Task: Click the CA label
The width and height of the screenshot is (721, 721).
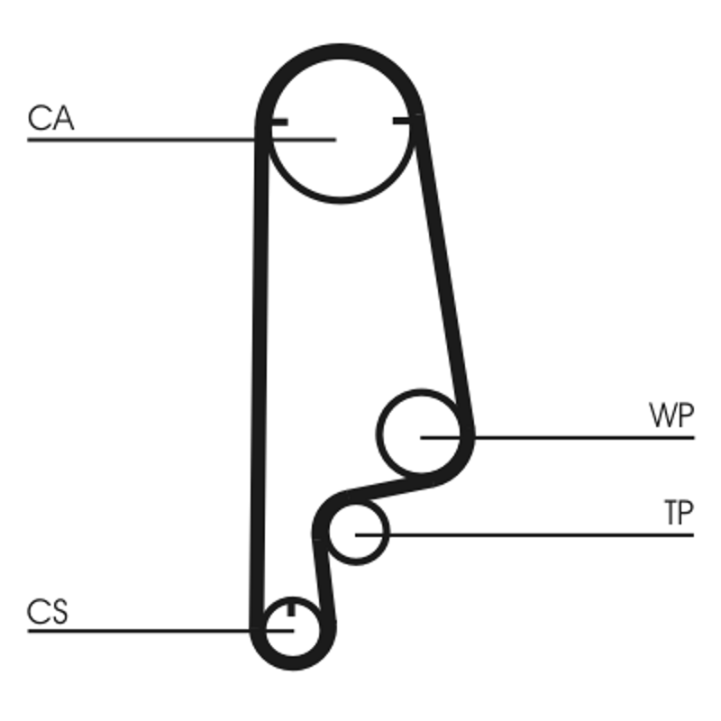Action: [50, 119]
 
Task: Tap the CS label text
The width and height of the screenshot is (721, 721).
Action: [48, 613]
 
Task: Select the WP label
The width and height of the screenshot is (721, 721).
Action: [671, 416]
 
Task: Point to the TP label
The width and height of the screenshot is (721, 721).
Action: [679, 514]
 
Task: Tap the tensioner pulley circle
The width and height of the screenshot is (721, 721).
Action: [357, 533]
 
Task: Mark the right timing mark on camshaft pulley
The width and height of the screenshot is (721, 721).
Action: [405, 121]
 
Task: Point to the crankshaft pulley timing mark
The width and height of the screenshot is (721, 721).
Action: [290, 611]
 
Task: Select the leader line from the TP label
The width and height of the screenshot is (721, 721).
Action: [541, 534]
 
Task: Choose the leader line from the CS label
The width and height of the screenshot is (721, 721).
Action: [135, 630]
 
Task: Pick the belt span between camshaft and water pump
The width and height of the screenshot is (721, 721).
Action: [443, 270]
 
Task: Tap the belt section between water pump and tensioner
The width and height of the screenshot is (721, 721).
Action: [397, 487]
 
